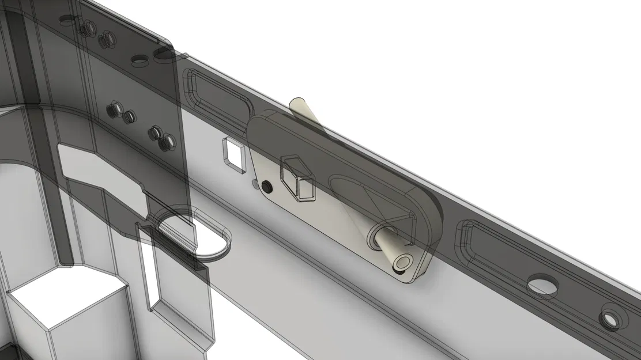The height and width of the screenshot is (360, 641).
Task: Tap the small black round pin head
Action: (x=266, y=187)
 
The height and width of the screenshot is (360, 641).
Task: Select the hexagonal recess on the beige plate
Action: (x=298, y=177)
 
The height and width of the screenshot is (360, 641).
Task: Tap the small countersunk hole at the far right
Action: (x=609, y=317)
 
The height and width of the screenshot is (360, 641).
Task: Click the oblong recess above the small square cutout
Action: (x=216, y=95)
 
